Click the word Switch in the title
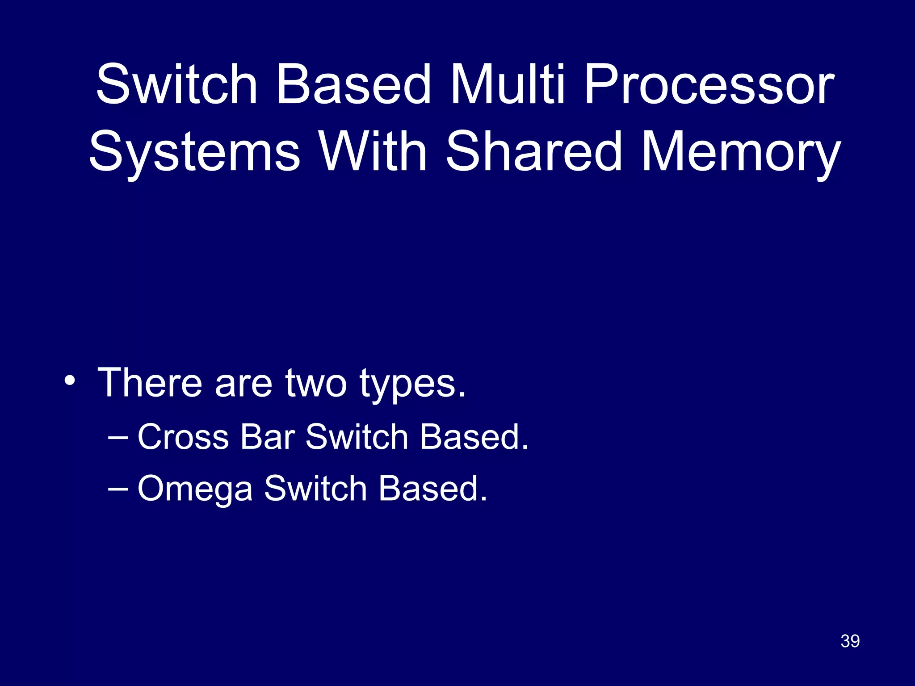pyautogui.click(x=177, y=85)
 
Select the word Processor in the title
pyautogui.click(x=709, y=85)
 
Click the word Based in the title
pyautogui.click(x=353, y=85)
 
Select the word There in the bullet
pyautogui.click(x=150, y=383)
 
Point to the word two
pyautogui.click(x=316, y=383)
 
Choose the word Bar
pyautogui.click(x=267, y=437)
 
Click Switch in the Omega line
pyautogui.click(x=315, y=488)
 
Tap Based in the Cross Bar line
pyautogui.click(x=474, y=437)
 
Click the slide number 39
pyautogui.click(x=850, y=641)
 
